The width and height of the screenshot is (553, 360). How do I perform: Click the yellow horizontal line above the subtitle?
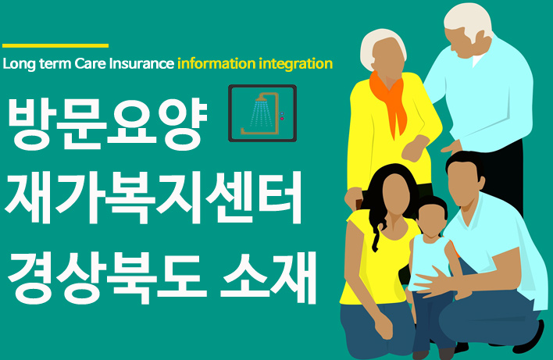(55, 45)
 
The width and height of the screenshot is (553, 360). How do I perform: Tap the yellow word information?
(216, 64)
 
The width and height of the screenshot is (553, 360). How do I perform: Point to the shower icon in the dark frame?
(262, 113)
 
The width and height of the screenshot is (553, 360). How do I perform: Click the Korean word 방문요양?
(107, 123)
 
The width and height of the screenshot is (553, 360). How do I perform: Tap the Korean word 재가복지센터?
(153, 198)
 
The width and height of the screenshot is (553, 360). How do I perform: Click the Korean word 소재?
(268, 277)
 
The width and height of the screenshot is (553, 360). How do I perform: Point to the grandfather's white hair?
(469, 20)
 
